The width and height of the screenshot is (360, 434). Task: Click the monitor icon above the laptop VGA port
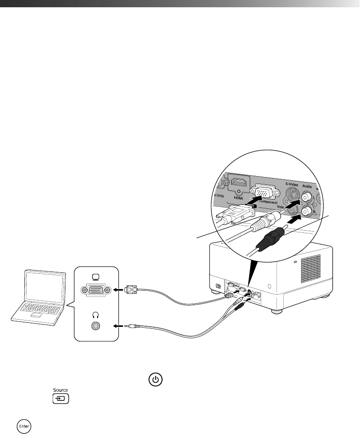[x=95, y=277]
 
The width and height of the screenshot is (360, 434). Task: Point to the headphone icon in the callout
[x=95, y=315]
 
